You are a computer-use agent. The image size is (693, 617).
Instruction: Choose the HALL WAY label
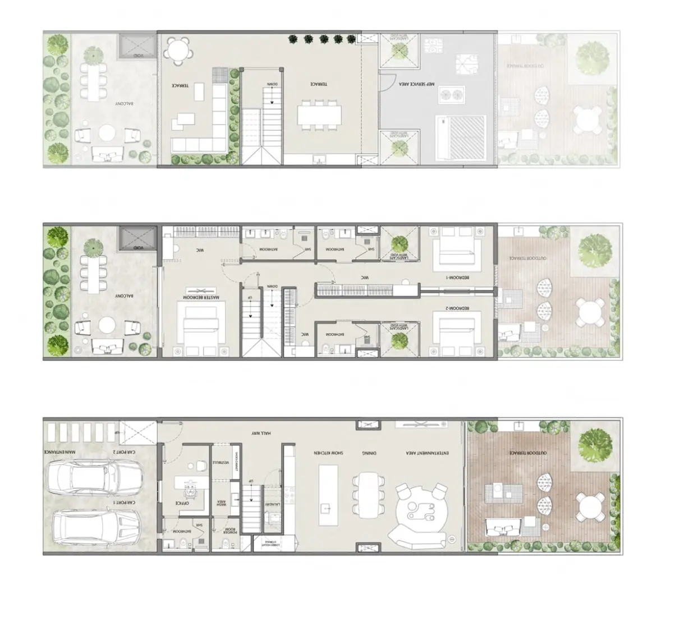click(261, 434)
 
